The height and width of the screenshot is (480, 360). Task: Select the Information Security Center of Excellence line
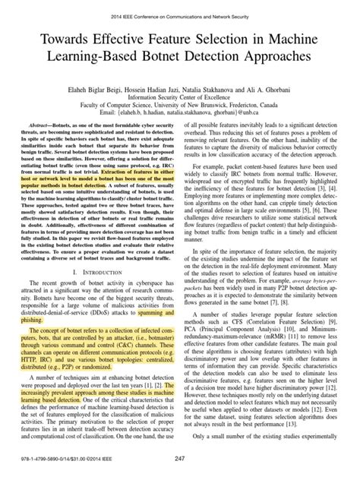[180, 94]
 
